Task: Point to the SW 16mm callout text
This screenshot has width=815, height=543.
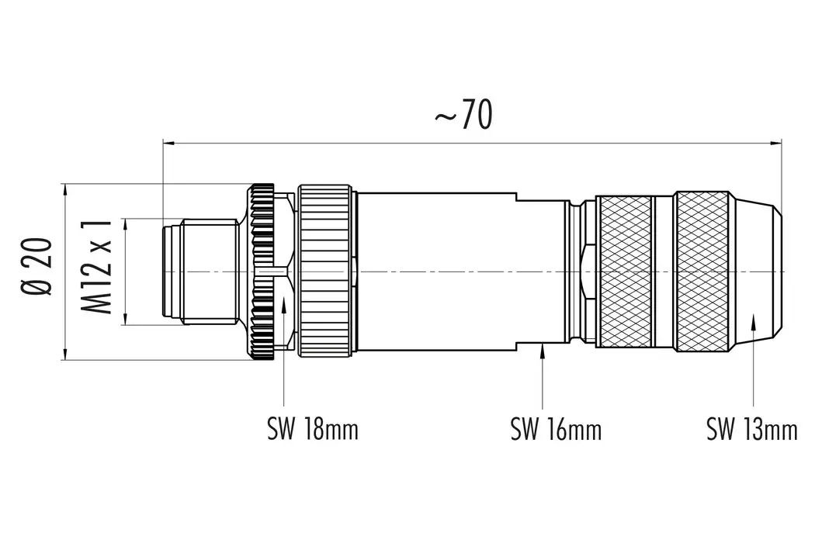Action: (556, 429)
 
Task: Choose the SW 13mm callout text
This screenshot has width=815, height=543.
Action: (751, 429)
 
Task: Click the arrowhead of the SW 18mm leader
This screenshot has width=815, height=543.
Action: (286, 306)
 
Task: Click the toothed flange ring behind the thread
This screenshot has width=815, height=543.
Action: (262, 271)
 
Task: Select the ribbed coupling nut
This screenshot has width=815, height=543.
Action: (326, 271)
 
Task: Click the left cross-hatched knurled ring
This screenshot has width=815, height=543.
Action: (625, 271)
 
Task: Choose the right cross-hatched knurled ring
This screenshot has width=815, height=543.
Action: (701, 271)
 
